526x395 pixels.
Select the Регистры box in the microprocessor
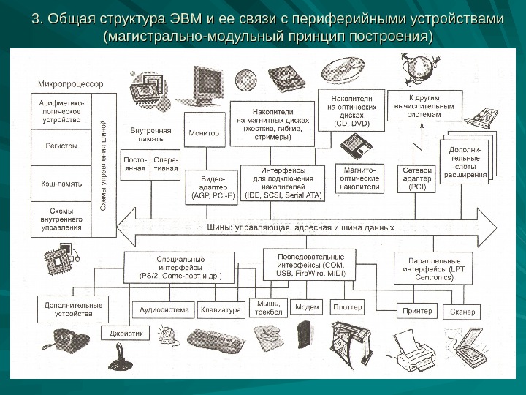click(61, 146)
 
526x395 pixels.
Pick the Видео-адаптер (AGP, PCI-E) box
click(213, 187)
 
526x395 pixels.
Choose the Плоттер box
click(347, 306)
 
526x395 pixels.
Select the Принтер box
click(417, 311)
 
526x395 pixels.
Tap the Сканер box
click(462, 312)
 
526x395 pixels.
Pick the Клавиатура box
click(221, 309)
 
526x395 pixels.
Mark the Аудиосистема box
click(164, 309)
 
